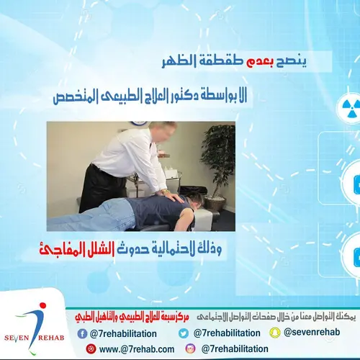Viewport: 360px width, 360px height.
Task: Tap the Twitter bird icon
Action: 184,333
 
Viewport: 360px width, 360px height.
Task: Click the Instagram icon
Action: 190,348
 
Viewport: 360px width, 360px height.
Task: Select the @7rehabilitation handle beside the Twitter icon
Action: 227,333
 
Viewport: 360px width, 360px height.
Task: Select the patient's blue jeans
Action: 97,214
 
